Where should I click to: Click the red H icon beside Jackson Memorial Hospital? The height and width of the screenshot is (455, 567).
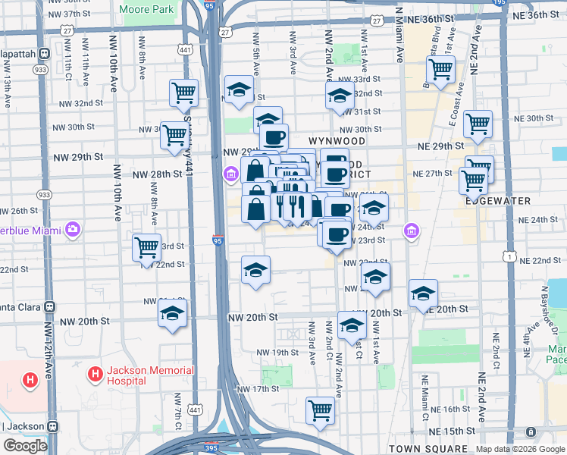tap(95, 374)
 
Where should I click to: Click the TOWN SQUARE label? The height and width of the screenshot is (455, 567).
tap(422, 449)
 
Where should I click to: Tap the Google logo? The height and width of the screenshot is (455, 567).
tap(25, 446)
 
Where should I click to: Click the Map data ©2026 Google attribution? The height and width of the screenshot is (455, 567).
tap(519, 450)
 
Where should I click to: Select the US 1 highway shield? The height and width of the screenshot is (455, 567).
tap(512, 259)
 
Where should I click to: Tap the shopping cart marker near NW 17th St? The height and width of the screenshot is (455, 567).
tap(321, 410)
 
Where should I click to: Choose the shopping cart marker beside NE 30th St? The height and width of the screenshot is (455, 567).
tap(478, 124)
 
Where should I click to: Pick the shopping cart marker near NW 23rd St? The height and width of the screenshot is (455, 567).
tap(146, 247)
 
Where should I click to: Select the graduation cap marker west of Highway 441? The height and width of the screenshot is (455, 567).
tap(173, 312)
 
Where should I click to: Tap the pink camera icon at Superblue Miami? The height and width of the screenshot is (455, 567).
tap(73, 228)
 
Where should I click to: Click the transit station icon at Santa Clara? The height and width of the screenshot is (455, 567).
tap(50, 307)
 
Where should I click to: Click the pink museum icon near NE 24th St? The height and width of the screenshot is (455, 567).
tap(412, 230)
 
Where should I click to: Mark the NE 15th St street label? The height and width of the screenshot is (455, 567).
tap(449, 431)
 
